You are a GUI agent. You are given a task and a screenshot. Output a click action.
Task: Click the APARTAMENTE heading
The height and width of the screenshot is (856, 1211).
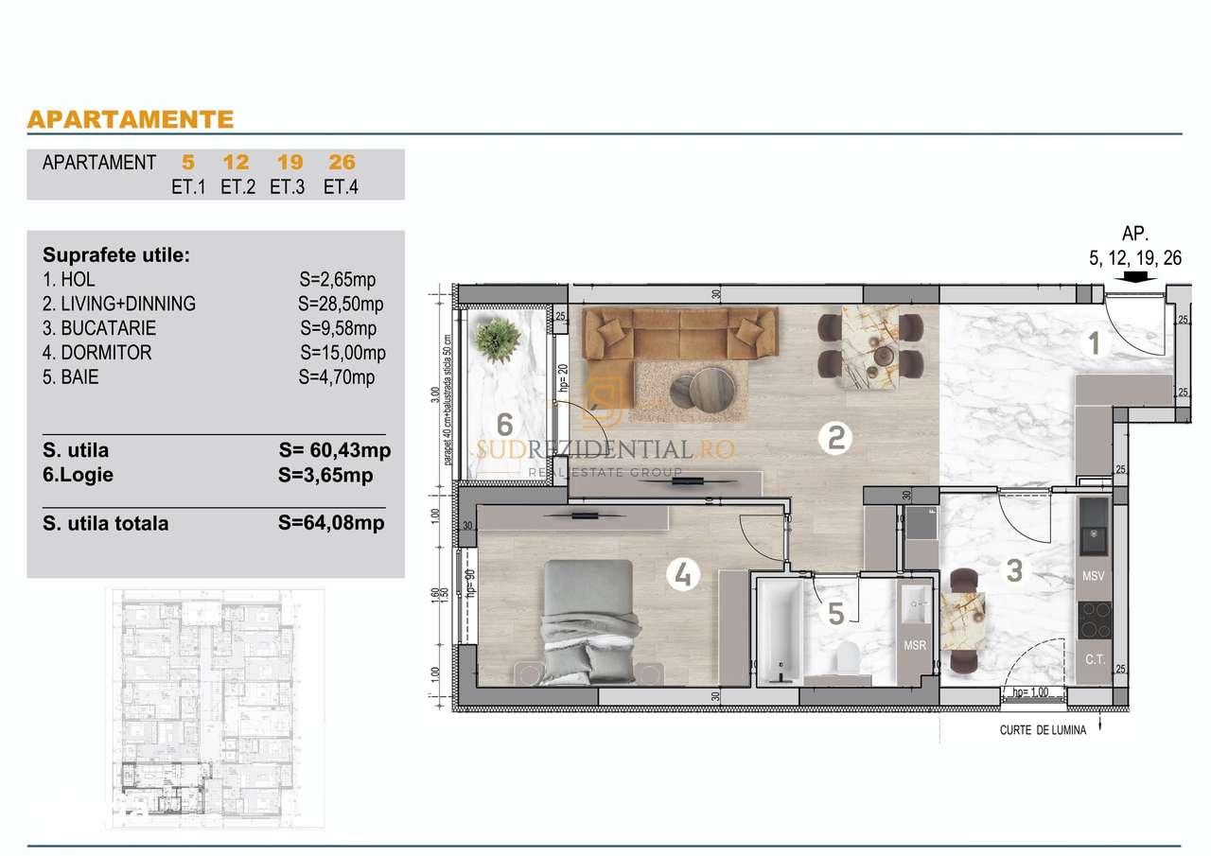point(131,119)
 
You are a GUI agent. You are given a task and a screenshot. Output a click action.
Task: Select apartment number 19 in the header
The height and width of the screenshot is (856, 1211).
point(290,162)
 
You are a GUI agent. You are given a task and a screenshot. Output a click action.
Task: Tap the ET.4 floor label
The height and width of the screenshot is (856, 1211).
point(341,186)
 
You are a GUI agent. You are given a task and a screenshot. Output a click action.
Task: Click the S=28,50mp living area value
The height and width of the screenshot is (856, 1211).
point(341,304)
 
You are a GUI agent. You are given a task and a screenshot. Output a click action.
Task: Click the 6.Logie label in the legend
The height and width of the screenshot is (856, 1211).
point(79,475)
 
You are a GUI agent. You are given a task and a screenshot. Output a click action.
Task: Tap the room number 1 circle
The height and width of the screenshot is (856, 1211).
point(1095,343)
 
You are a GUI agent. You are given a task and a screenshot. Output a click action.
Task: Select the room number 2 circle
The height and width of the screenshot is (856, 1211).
point(835,437)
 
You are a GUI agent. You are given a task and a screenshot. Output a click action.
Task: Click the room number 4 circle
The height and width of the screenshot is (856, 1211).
point(683,572)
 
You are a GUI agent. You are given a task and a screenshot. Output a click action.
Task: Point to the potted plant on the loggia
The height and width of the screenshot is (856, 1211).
point(499,336)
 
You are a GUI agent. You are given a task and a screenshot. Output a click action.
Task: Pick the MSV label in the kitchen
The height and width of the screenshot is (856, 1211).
point(1094,576)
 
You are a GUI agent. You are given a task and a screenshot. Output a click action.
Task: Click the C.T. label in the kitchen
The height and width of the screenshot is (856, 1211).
point(1095,658)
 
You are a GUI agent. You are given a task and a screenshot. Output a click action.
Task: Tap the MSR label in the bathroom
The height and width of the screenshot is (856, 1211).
point(915,646)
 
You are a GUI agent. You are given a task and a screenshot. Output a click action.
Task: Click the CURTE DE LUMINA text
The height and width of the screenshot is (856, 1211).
point(1043,729)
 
